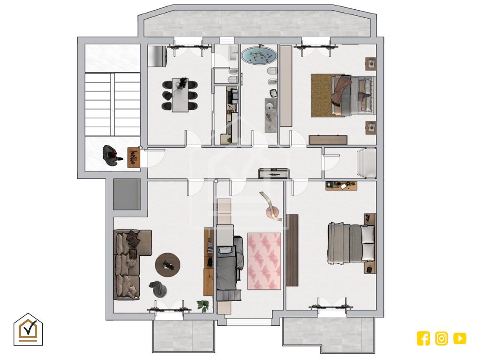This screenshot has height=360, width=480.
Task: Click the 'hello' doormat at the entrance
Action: click(x=134, y=158)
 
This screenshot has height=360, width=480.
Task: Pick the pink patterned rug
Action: click(x=264, y=261)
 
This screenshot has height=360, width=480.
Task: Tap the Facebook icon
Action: click(x=423, y=338)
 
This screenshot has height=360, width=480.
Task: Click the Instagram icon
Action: click(x=441, y=338)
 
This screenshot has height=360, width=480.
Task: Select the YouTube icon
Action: click(x=460, y=338)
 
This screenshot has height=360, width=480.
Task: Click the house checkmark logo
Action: click(x=28, y=330)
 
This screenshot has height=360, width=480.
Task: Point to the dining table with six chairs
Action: click(x=180, y=95)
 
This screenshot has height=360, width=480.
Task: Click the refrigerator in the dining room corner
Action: click(x=157, y=56)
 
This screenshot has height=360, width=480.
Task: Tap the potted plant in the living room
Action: click(x=203, y=305)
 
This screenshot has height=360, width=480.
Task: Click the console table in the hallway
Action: click(x=273, y=173)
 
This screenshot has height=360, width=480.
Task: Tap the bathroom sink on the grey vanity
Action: click(x=270, y=107)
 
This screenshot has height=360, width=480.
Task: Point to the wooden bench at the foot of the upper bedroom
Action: click(x=328, y=140)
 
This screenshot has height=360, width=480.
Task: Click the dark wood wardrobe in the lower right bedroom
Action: click(x=292, y=250)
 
